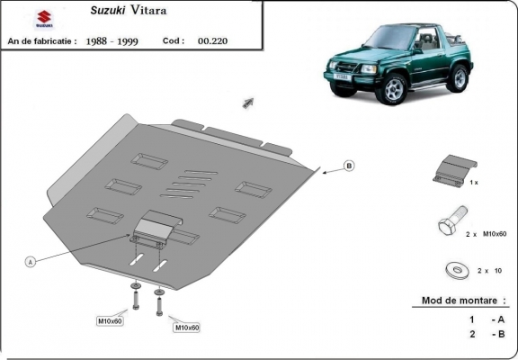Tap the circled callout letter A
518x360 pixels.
pyautogui.click(x=31, y=262)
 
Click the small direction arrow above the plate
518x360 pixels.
pyautogui.click(x=247, y=103)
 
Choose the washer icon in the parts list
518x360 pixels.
pyautogui.click(x=453, y=268)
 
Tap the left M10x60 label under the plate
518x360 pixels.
pyautogui.click(x=111, y=320)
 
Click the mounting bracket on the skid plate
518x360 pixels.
pyautogui.click(x=153, y=227)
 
